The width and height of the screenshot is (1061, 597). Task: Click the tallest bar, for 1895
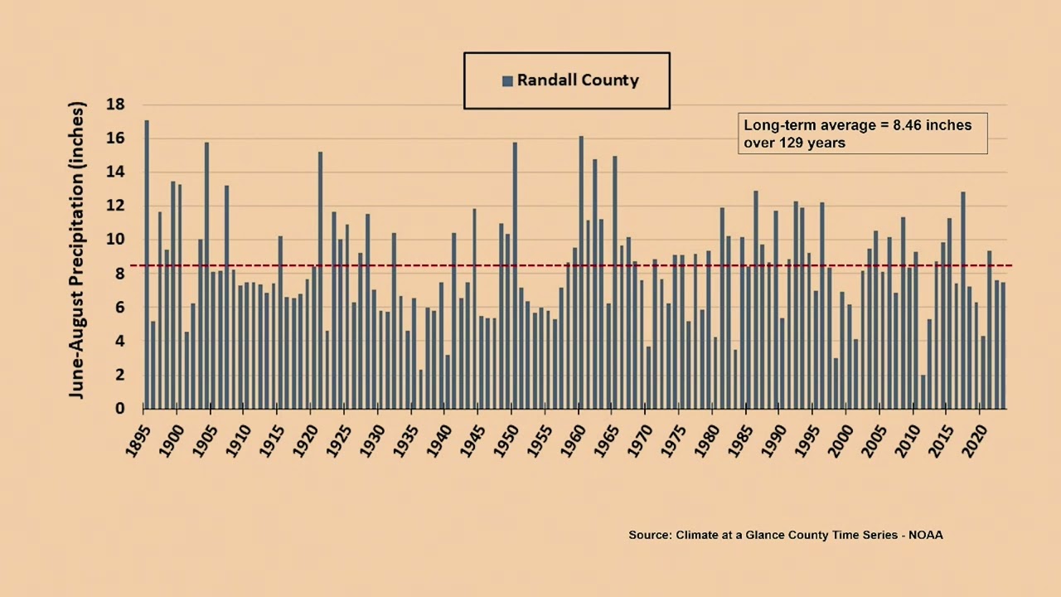pos(147,265)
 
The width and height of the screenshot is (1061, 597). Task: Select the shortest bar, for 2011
pos(923,392)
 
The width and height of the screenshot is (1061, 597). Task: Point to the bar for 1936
pos(421,390)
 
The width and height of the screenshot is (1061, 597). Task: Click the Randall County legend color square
pos(507,81)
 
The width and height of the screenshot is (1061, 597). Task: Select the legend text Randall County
pos(578,80)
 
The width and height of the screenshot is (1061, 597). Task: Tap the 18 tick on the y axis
pos(115,104)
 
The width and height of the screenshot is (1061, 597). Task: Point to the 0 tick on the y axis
pos(120,409)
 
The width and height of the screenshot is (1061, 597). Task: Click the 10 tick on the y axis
pos(115,240)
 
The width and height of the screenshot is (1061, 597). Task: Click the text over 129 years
pos(794,143)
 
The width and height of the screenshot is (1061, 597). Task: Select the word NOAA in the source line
pos(925,535)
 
